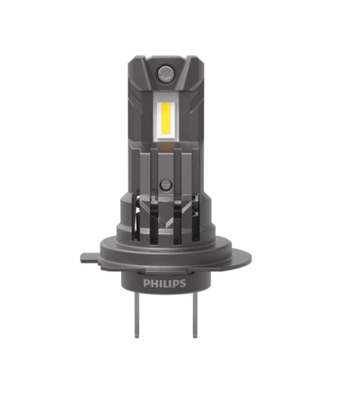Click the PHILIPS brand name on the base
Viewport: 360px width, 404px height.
click(165, 284)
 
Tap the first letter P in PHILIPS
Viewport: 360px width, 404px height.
click(147, 284)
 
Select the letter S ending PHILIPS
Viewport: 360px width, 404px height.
click(182, 284)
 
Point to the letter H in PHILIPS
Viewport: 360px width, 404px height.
click(154, 284)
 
